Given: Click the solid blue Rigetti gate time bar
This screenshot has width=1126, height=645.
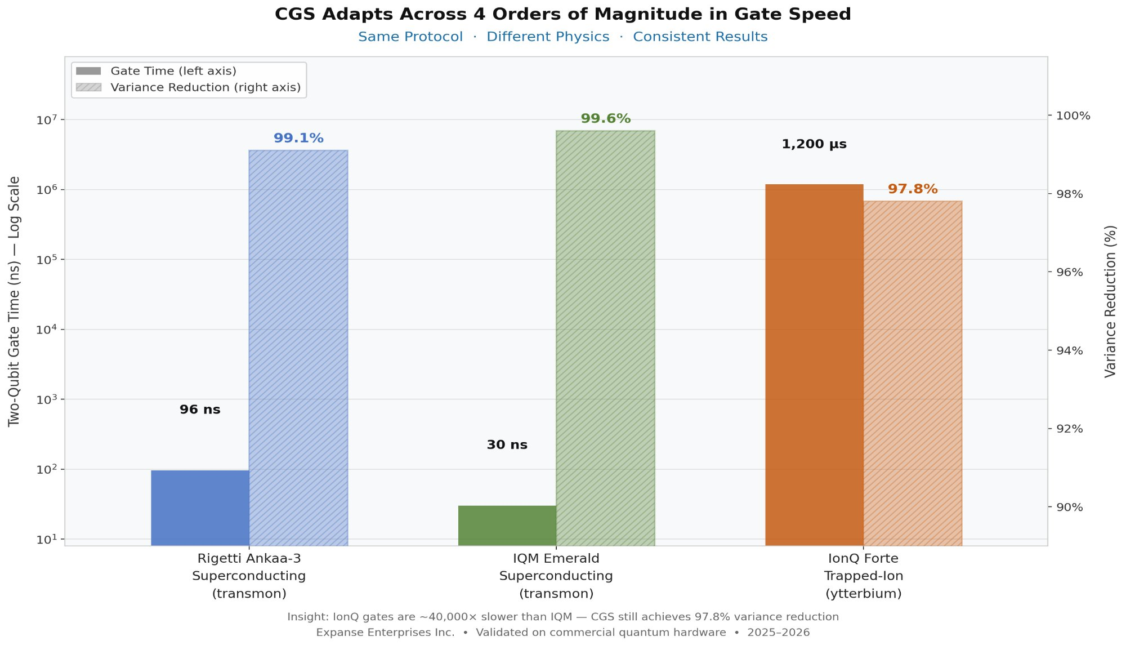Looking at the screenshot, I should pos(200,507).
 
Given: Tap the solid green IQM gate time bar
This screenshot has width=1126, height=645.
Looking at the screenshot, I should pos(507,525).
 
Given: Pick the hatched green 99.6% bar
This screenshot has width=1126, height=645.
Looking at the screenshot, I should pos(605,338).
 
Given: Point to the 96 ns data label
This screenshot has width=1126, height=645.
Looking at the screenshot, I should pos(200,410).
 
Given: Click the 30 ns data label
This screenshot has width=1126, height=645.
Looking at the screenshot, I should pos(507,445).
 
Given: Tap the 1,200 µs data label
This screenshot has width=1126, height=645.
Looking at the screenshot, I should pos(814,144).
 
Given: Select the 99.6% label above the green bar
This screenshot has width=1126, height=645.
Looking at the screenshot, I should pos(605,119).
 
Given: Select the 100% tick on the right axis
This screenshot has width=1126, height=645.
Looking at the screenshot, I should pos(1073,116).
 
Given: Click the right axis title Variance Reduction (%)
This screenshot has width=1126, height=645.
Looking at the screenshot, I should pos(1110,301).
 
